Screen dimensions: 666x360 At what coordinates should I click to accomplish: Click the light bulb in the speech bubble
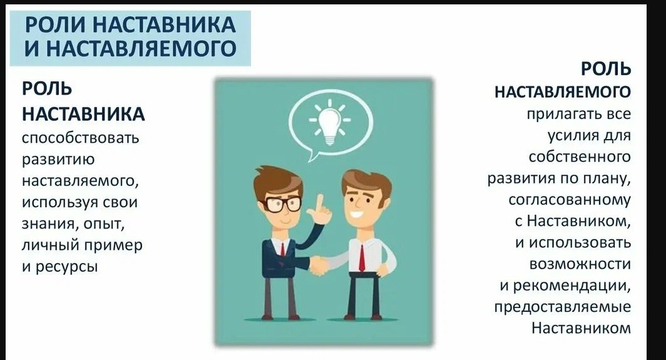[330, 123]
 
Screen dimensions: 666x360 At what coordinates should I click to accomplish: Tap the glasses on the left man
[282, 203]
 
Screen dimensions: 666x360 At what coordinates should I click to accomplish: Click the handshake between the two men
[319, 265]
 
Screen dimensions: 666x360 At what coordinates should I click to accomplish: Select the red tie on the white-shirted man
[361, 257]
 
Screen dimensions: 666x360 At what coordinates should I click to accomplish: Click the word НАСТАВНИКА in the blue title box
[163, 25]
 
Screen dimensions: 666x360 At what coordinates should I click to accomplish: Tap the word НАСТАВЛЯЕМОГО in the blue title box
[141, 48]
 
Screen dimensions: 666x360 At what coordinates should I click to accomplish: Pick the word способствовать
[80, 138]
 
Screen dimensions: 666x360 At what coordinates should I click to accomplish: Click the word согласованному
[570, 200]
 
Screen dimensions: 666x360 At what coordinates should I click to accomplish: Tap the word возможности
[580, 264]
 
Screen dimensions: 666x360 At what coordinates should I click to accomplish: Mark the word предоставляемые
[562, 307]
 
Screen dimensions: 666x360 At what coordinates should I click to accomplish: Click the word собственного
[580, 157]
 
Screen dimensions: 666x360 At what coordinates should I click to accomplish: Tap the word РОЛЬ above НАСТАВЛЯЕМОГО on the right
[606, 69]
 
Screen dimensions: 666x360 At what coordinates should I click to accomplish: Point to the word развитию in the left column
[58, 160]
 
